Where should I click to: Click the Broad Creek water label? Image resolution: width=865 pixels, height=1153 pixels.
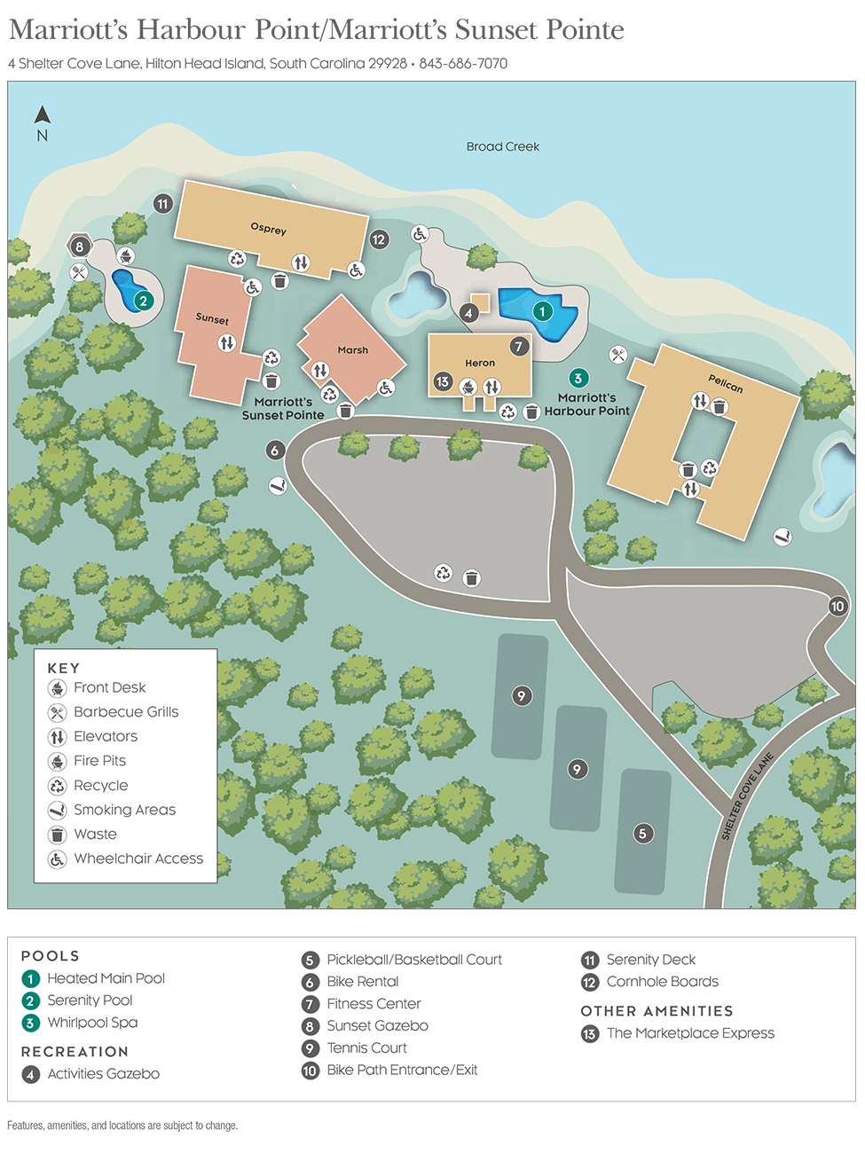502,146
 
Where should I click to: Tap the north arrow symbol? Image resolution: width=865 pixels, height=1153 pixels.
42,116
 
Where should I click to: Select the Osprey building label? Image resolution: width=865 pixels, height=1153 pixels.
268,229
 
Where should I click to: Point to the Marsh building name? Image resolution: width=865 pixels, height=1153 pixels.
352,350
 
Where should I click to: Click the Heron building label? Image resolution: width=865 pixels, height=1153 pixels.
480,363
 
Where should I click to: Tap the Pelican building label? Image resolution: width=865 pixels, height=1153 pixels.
725,383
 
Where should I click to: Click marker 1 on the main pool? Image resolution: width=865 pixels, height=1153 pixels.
542,311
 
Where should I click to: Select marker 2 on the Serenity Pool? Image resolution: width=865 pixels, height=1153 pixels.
143,301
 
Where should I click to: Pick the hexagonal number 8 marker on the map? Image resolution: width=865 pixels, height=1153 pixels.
80,247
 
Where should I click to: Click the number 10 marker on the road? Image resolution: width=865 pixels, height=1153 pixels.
837,607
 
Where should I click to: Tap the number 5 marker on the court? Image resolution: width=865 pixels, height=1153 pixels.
642,833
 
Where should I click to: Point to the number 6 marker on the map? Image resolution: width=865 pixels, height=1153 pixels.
275,451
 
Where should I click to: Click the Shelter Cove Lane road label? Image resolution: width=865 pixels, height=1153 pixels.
748,796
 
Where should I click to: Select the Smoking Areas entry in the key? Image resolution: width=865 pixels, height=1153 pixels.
124,810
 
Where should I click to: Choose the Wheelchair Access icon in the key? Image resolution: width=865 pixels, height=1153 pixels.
58,859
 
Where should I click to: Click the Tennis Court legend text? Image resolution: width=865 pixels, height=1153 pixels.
366,1047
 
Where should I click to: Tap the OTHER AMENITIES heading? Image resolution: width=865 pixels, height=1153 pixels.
657,1011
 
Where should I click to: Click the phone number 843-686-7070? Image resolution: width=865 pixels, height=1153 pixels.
463,64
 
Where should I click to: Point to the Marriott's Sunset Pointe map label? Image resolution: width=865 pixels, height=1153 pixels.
283,408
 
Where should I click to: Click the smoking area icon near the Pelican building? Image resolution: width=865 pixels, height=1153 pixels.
782,537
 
